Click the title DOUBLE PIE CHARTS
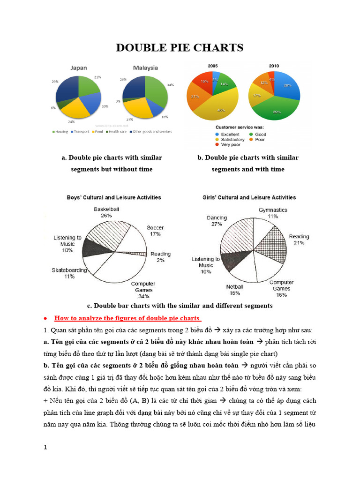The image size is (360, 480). coord(180,48)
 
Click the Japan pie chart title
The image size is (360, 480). coord(78,68)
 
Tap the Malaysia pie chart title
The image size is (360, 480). coord(145,68)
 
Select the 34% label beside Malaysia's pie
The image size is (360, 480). coord(170,85)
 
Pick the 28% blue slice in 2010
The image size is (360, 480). coord(286,86)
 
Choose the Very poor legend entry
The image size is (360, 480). coord(227,145)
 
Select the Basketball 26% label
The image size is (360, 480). coord(106,212)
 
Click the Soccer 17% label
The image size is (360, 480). coord(155,231)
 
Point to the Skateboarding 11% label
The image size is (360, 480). coord(69,273)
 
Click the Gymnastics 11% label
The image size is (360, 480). coord(273,213)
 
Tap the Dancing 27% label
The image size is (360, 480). coord(217,221)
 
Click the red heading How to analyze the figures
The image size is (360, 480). coord(127,318)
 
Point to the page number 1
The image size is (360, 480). coord(45,448)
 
